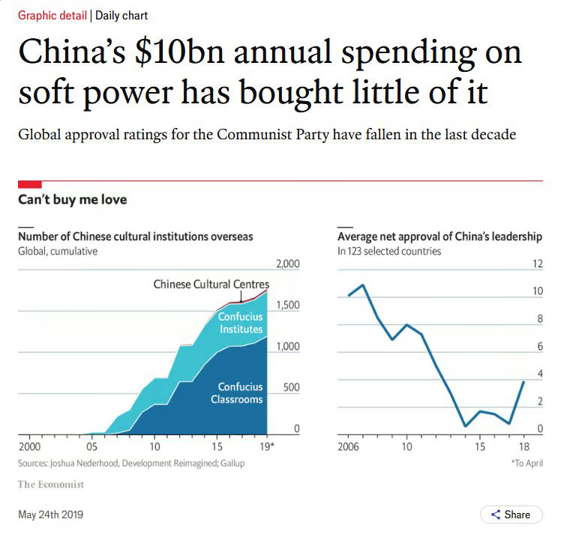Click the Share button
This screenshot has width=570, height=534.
coord(511,515)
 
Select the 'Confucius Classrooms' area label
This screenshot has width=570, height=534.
coord(236,392)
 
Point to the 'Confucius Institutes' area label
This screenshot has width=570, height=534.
coord(240,323)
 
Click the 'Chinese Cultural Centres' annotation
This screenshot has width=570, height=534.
coord(211,284)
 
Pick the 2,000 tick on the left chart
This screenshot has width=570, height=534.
coord(287,264)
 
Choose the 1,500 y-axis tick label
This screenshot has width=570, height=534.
coord(287,305)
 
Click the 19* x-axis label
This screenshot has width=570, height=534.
coord(266,446)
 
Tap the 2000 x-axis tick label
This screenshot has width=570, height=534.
coord(30,446)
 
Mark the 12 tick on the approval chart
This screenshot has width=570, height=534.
coord(537,264)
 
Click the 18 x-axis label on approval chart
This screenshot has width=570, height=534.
coord(523,446)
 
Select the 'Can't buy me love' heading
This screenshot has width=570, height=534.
coord(72,200)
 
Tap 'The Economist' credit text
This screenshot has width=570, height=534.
coord(51,485)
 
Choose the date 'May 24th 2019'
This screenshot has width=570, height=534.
coord(50,515)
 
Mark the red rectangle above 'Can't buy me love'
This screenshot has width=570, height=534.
coord(29,184)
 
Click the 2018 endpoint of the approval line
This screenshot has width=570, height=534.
coord(523,382)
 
